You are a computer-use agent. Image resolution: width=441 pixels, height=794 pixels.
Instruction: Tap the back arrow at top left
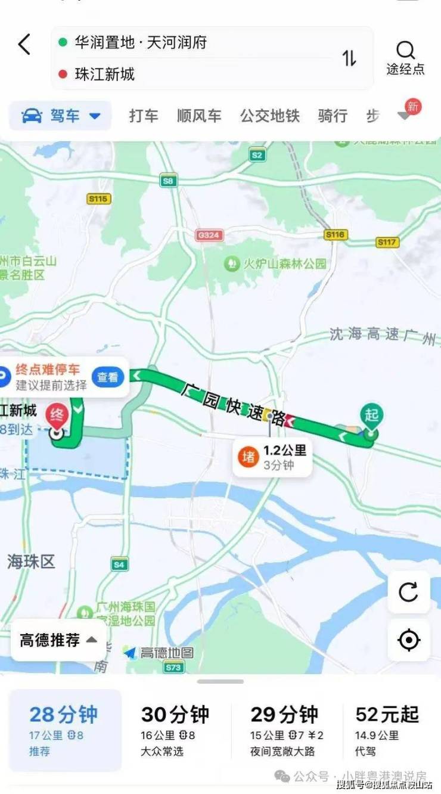[24, 45]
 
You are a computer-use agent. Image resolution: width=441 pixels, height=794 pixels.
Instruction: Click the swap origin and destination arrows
[349, 58]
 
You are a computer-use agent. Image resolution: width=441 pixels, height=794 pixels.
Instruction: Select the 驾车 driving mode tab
[60, 116]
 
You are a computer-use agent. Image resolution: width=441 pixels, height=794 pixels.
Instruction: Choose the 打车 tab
[144, 116]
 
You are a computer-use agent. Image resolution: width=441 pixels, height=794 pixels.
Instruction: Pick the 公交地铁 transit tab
[269, 116]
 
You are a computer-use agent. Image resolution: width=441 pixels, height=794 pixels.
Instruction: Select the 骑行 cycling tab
[333, 116]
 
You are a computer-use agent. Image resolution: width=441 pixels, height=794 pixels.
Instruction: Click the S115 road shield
[98, 199]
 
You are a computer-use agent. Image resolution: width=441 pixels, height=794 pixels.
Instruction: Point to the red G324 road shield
[209, 235]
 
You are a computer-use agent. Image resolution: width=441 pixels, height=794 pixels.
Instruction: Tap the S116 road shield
[336, 235]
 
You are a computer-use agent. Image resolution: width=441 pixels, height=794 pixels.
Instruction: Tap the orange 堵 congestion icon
[248, 457]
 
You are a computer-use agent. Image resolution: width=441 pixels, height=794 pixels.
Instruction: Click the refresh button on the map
[408, 592]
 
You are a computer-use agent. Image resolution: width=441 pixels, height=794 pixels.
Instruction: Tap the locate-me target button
[408, 640]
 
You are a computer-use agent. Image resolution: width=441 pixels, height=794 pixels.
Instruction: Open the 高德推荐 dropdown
[58, 641]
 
